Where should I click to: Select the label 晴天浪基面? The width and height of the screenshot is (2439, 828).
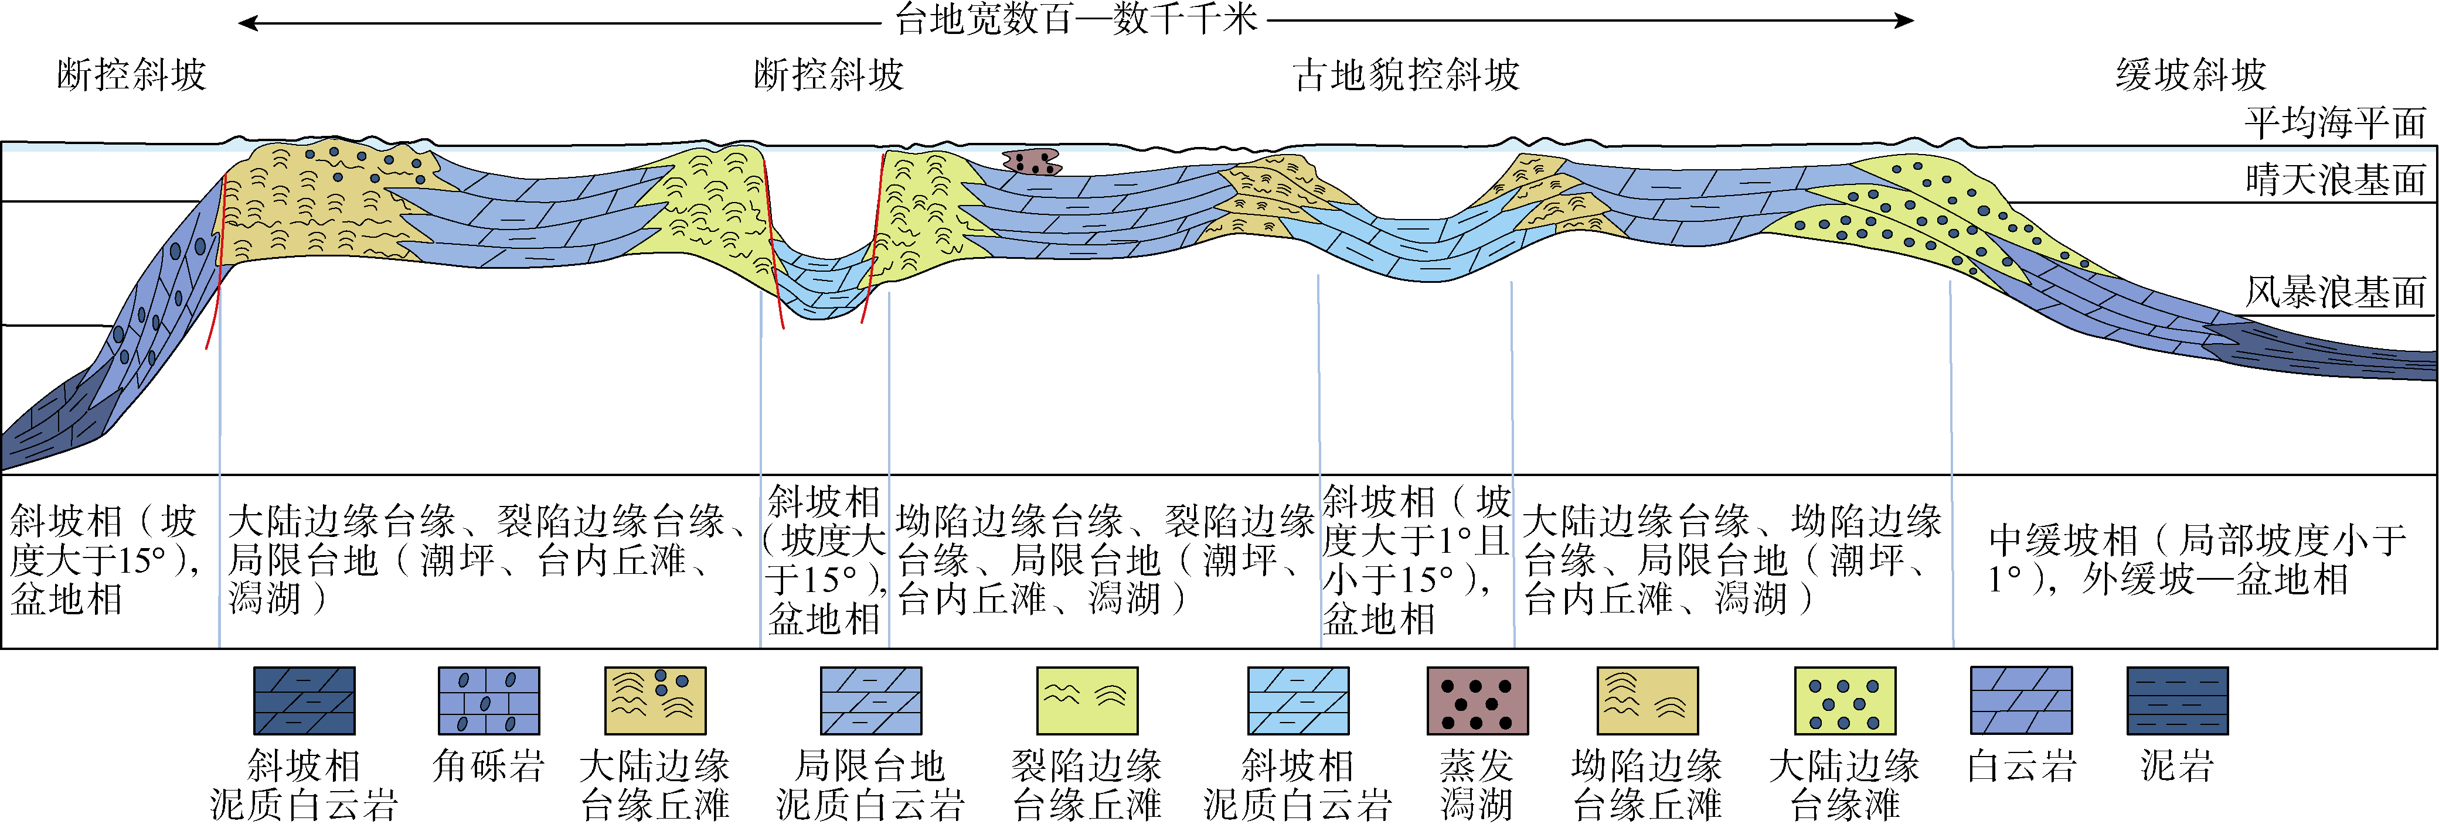click(2335, 179)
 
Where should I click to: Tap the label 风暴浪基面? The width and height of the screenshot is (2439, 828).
click(2335, 292)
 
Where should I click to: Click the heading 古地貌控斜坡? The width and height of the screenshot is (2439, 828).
click(1406, 75)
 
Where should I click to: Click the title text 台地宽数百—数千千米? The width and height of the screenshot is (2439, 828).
click(1076, 19)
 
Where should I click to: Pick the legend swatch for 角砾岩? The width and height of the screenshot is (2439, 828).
click(488, 700)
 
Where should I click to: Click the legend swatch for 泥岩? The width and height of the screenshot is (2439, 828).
click(2177, 700)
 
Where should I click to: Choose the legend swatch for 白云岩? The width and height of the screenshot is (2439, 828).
click(2020, 700)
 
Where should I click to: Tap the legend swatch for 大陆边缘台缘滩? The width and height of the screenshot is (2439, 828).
click(1845, 700)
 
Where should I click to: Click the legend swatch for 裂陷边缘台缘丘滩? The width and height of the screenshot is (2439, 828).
click(1087, 700)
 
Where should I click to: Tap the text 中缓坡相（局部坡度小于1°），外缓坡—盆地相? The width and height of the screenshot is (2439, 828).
click(2196, 559)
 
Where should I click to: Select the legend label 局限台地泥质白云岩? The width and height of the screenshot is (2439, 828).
click(870, 785)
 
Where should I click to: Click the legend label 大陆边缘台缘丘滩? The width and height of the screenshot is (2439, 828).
click(655, 785)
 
